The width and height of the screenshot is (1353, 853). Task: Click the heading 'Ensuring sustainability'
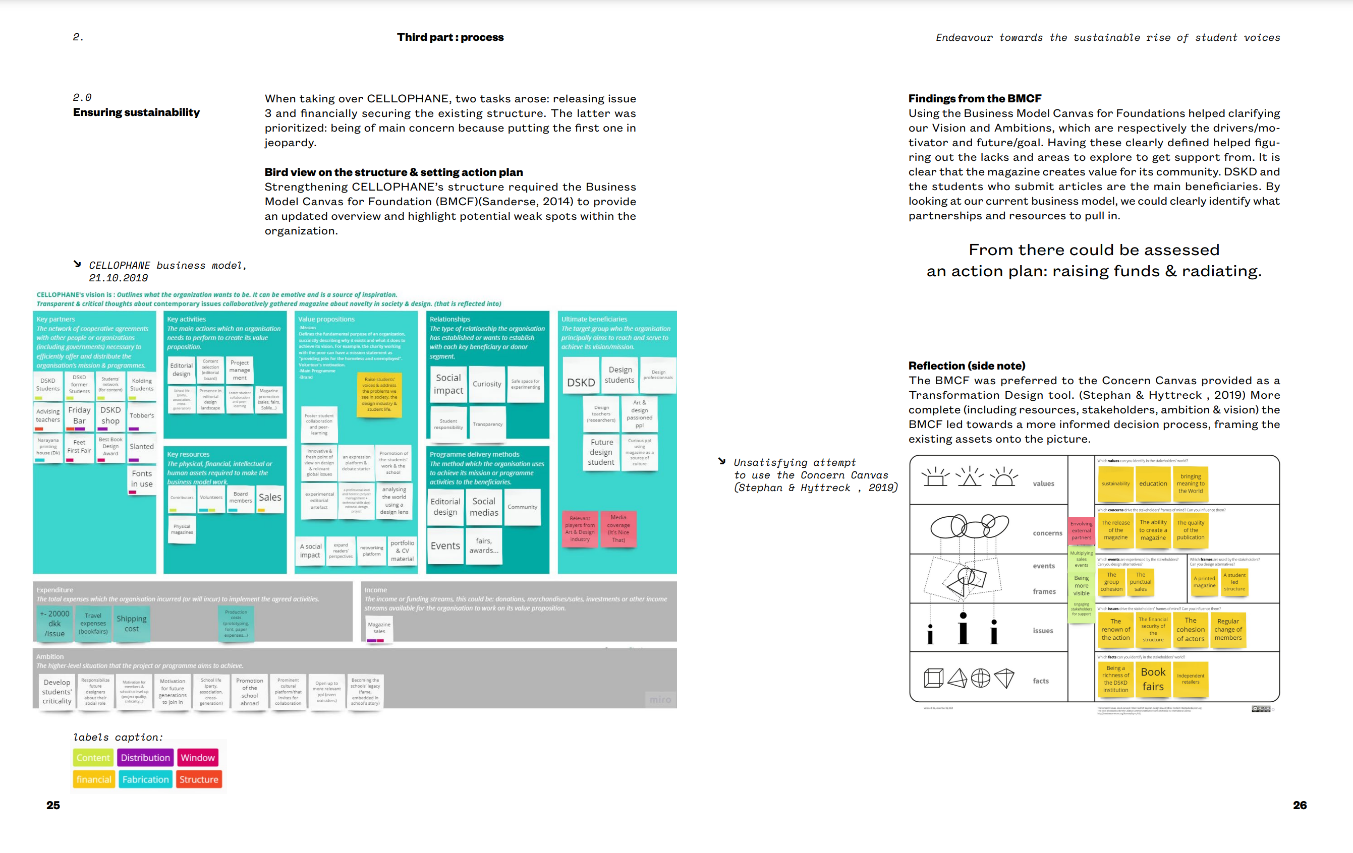pyautogui.click(x=136, y=112)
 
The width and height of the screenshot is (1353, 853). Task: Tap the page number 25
pyautogui.click(x=53, y=805)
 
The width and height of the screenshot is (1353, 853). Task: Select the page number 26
pyautogui.click(x=1299, y=805)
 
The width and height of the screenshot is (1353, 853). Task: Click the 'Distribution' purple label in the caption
pyautogui.click(x=145, y=758)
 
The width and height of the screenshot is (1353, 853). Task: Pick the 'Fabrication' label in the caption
pyautogui.click(x=145, y=779)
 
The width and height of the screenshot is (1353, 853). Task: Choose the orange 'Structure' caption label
pyautogui.click(x=199, y=779)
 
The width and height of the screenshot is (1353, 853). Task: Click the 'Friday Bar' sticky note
pyautogui.click(x=79, y=415)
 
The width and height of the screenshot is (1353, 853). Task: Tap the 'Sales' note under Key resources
pyautogui.click(x=270, y=498)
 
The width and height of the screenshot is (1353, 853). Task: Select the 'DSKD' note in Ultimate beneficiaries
pyautogui.click(x=581, y=383)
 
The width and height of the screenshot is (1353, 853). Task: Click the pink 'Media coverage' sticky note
pyautogui.click(x=618, y=528)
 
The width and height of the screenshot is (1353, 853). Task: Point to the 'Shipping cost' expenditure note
pyautogui.click(x=132, y=623)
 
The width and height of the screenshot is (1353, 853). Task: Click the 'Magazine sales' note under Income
pyautogui.click(x=379, y=628)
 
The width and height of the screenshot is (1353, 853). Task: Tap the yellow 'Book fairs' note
pyautogui.click(x=1153, y=679)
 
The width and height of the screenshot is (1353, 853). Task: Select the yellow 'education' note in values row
pyautogui.click(x=1153, y=483)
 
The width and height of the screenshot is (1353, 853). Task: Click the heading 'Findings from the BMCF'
pyautogui.click(x=975, y=98)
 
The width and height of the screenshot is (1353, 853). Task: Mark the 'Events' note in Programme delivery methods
pyautogui.click(x=445, y=546)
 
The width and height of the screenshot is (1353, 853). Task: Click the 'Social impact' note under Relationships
pyautogui.click(x=448, y=384)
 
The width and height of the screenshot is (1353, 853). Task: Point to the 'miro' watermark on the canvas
pyautogui.click(x=660, y=700)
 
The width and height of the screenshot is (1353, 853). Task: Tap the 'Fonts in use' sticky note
pyautogui.click(x=142, y=478)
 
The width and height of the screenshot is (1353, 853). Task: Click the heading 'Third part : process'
pyautogui.click(x=450, y=37)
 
